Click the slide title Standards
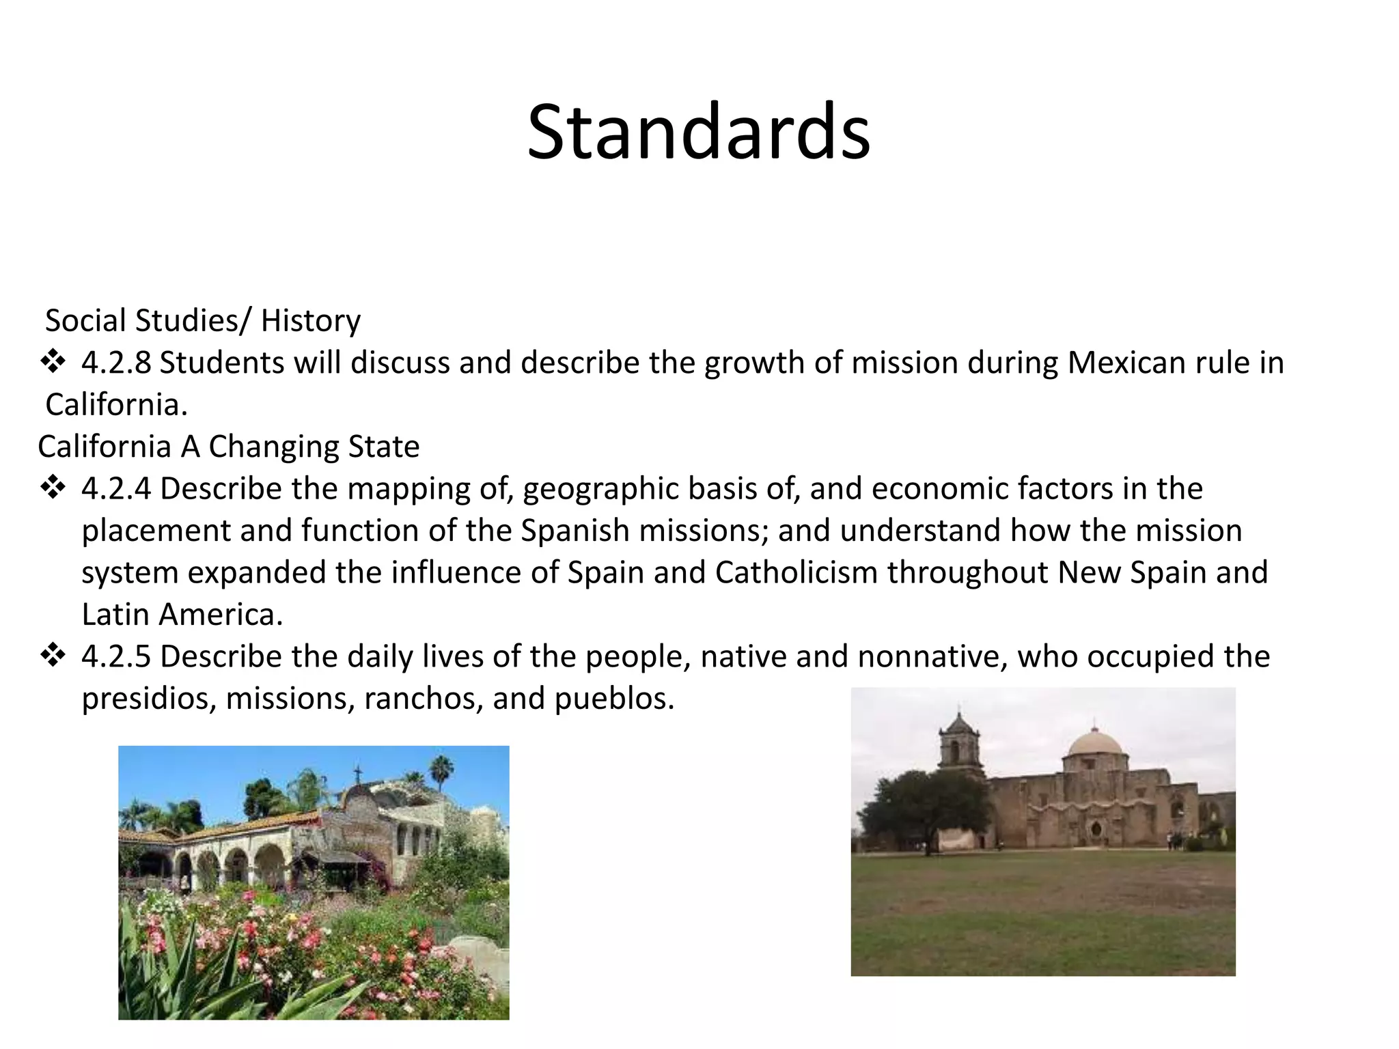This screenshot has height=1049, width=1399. pyautogui.click(x=698, y=132)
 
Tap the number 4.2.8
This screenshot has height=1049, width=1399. pyautogui.click(x=115, y=363)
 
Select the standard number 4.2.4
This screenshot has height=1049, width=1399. pyautogui.click(x=115, y=489)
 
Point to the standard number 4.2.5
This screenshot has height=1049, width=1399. pyautogui.click(x=115, y=657)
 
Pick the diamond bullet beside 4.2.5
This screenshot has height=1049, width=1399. pyautogui.click(x=53, y=656)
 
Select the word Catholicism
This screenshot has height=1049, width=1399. pyautogui.click(x=796, y=572)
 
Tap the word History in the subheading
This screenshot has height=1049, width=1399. pyautogui.click(x=310, y=321)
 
